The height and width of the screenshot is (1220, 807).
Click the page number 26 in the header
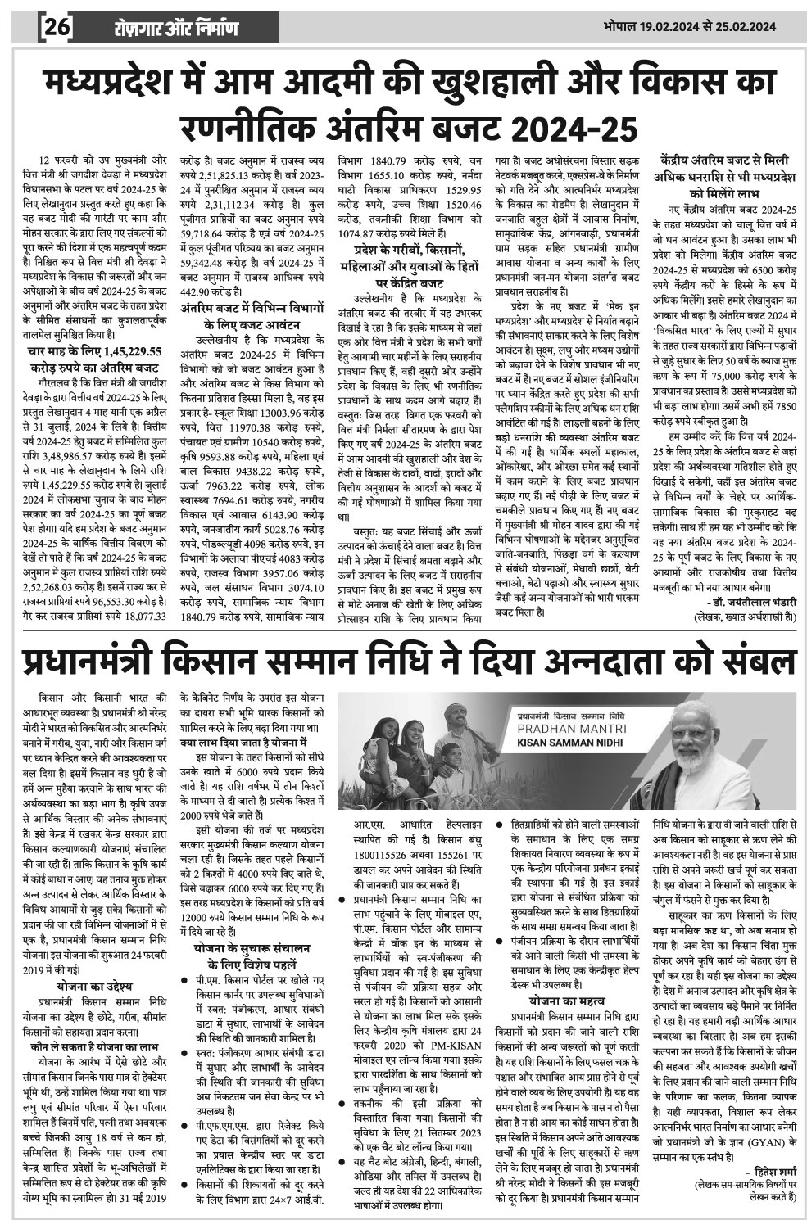pyautogui.click(x=59, y=29)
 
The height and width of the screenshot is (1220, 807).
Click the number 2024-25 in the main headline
pyautogui.click(x=578, y=129)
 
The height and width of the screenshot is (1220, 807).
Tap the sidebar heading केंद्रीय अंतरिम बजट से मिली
pyautogui.click(x=724, y=160)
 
